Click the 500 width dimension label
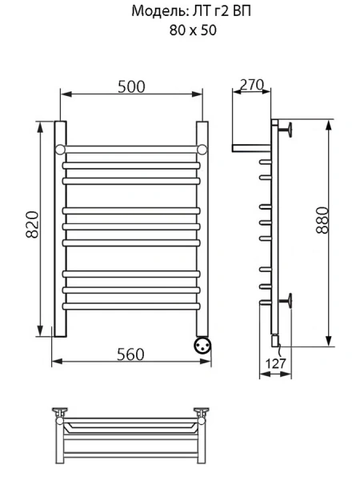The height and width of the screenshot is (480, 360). [131, 86]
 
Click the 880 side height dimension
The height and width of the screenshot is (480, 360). [322, 228]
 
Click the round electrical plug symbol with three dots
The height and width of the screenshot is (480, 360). [202, 346]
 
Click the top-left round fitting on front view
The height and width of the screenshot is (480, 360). [60, 150]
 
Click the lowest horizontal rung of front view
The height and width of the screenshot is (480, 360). [131, 306]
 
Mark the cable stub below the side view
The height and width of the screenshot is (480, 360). [277, 346]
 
